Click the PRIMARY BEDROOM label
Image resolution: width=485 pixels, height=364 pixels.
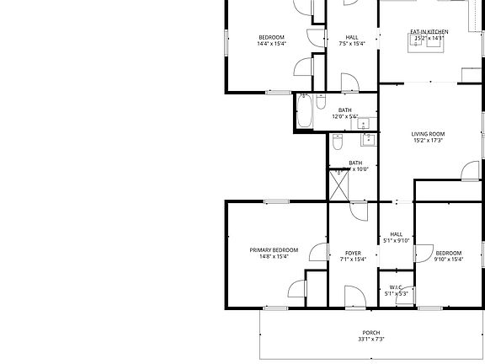(x=274, y=250)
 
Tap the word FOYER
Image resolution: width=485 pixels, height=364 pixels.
(x=353, y=253)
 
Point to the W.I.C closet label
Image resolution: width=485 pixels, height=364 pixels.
(x=397, y=287)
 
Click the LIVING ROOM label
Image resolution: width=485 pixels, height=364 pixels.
(x=428, y=134)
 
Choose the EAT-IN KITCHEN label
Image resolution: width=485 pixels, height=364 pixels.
(x=429, y=32)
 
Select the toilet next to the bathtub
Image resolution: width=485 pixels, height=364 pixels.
(x=321, y=102)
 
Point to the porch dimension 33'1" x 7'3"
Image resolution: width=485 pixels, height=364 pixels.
(x=371, y=340)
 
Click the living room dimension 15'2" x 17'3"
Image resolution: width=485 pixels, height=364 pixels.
(x=428, y=141)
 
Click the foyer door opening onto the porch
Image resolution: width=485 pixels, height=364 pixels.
(x=354, y=297)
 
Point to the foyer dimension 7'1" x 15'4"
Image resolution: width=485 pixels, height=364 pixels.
(x=353, y=260)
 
